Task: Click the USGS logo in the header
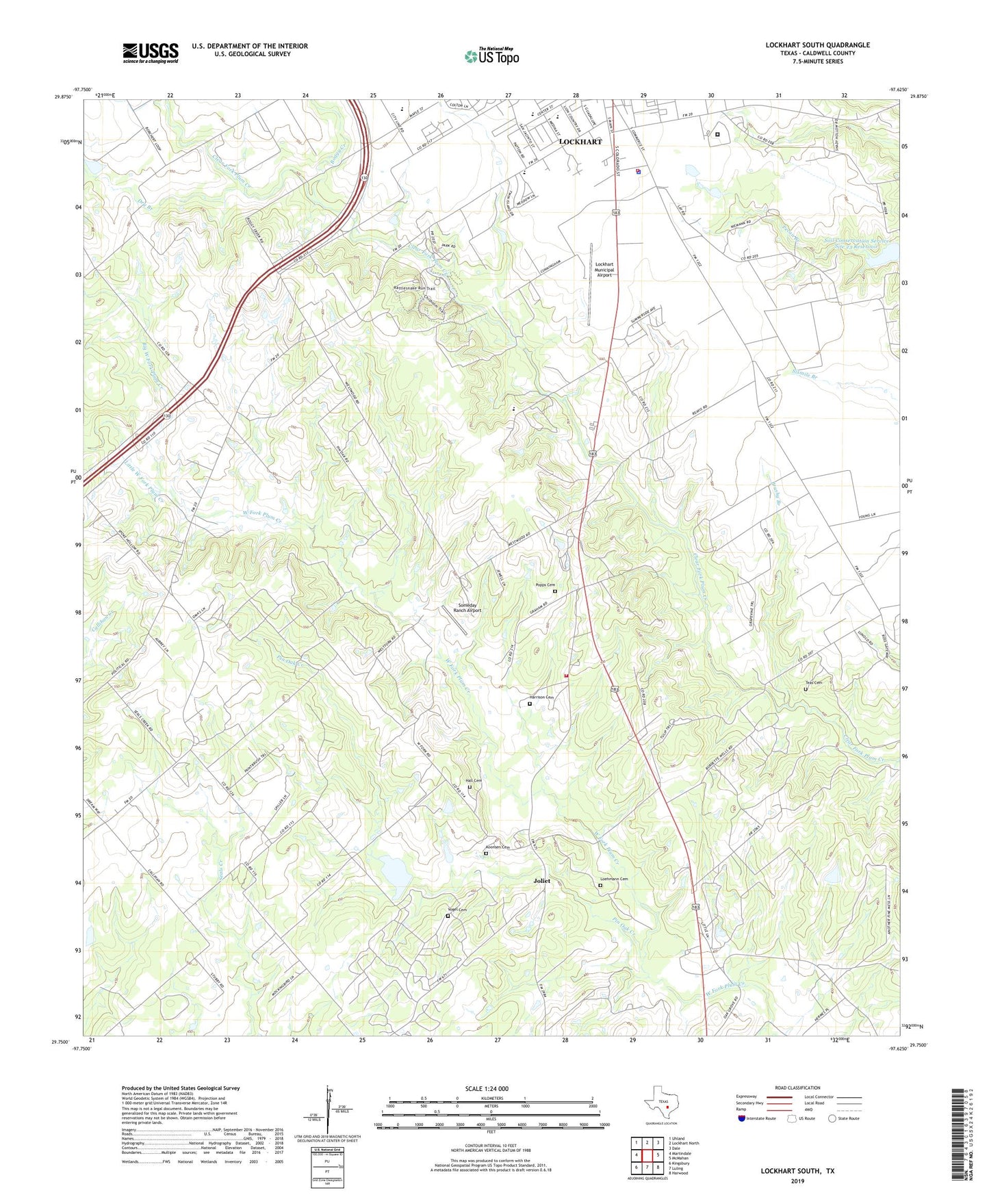point(151,53)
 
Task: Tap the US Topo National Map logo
point(491,55)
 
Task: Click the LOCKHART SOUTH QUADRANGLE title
point(817,45)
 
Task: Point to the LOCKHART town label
point(580,142)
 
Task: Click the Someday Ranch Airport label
point(470,608)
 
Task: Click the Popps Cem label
point(545,585)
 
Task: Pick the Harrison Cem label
point(541,697)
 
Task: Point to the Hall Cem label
point(474,781)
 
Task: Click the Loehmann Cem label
point(614,879)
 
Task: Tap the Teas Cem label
point(813,682)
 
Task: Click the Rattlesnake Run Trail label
point(418,287)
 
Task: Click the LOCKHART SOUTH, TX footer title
point(797,1170)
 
